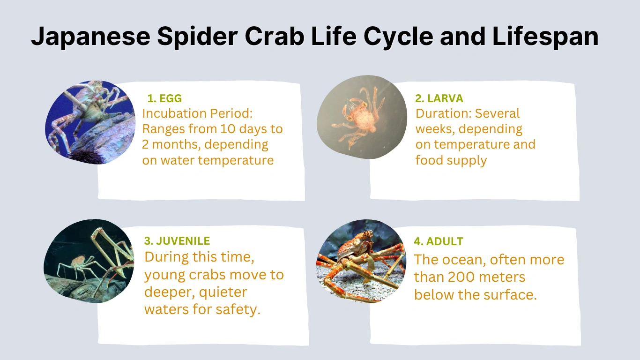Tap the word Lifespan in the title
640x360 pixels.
tap(545, 37)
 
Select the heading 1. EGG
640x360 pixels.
tap(164, 98)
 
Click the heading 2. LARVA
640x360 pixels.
tap(439, 98)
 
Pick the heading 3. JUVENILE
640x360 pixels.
tap(177, 241)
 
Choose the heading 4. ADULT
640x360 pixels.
tap(439, 242)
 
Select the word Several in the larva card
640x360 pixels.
tap(498, 113)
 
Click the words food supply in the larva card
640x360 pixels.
tap(451, 160)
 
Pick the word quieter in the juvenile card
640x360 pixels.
tap(223, 292)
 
